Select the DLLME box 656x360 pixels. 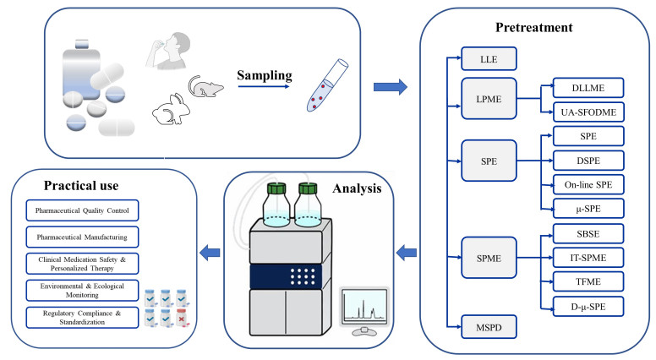(x=588, y=88)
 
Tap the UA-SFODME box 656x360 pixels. (x=588, y=111)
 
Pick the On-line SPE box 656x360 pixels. (x=588, y=183)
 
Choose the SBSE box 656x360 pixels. (x=588, y=232)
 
